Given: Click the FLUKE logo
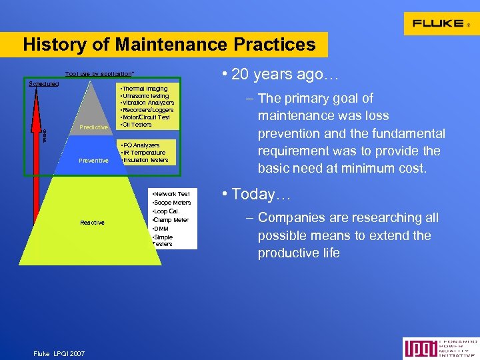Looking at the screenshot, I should [x=438, y=23].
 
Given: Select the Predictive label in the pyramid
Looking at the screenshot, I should [x=93, y=127].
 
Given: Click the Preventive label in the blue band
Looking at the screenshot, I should [x=93, y=160].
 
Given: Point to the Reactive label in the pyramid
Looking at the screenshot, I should [x=92, y=222].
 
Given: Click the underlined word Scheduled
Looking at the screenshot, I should [x=44, y=84].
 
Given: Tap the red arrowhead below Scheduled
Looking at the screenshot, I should [x=36, y=93].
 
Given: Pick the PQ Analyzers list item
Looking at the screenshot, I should [x=139, y=145].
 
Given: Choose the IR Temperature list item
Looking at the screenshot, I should [x=145, y=153].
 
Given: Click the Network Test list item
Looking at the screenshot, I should [x=171, y=194].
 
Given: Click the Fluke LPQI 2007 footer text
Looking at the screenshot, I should [x=60, y=353].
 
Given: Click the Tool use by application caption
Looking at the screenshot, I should [x=99, y=73].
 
